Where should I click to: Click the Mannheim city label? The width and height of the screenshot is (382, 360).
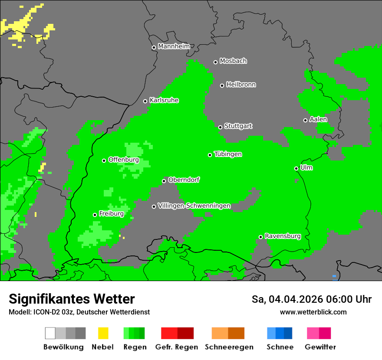click(x=174, y=46)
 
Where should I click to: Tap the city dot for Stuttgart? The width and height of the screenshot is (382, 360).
click(x=220, y=127)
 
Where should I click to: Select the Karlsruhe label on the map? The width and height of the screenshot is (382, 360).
click(x=164, y=100)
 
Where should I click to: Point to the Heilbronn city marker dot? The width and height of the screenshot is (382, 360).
click(x=222, y=85)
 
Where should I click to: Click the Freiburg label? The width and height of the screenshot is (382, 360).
click(x=111, y=214)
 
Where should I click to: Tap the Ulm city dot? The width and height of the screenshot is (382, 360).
click(x=296, y=168)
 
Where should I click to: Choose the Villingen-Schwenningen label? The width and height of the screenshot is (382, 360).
click(x=194, y=206)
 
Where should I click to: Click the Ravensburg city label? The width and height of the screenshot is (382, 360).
click(x=283, y=236)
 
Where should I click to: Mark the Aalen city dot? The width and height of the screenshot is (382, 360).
click(x=305, y=120)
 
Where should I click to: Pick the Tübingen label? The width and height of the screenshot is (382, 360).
click(x=228, y=154)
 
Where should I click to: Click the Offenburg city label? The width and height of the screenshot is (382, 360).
click(x=123, y=160)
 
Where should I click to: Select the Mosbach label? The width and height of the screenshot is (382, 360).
click(x=233, y=61)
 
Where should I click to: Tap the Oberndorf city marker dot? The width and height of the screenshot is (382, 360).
click(x=164, y=181)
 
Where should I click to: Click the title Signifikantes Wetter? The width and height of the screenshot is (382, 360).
click(x=72, y=299)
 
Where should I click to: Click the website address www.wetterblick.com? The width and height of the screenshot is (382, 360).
click(x=313, y=312)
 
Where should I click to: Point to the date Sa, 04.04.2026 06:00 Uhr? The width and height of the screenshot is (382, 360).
click(x=311, y=299)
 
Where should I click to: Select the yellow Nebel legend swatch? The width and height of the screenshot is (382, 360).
click(x=103, y=333)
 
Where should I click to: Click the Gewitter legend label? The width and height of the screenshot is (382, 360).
click(x=320, y=347)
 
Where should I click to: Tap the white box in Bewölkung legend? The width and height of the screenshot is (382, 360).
click(x=50, y=333)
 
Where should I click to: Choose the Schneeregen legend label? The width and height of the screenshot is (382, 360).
click(x=229, y=347)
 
